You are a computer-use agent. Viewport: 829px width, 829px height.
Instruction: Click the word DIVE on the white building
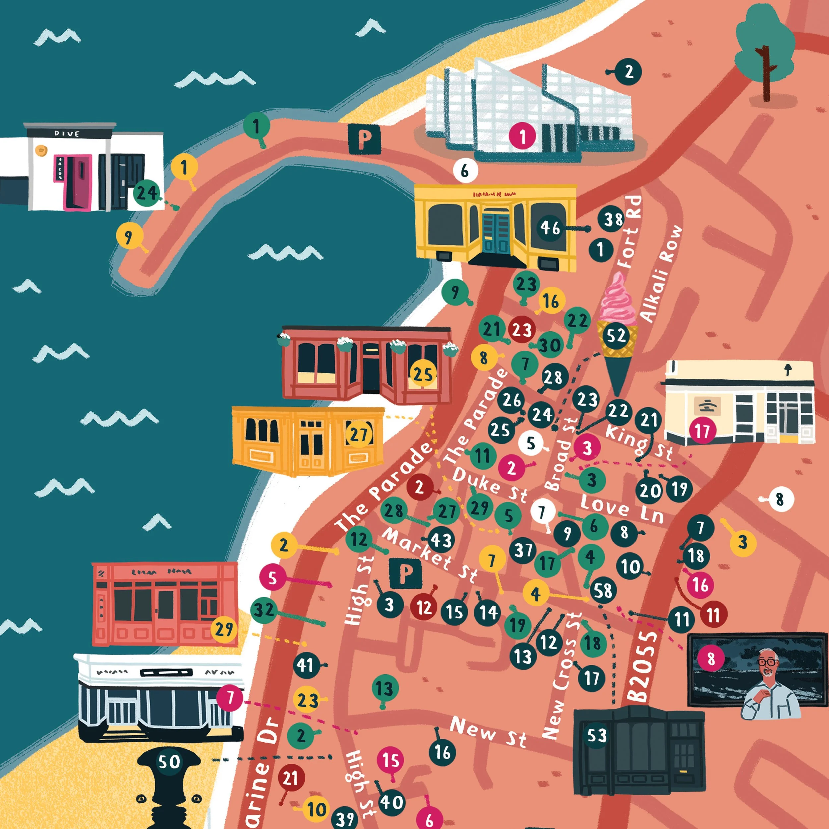click(x=67, y=133)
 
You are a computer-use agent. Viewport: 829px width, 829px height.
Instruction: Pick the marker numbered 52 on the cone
click(x=616, y=336)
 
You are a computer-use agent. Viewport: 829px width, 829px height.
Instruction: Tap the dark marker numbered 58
click(x=603, y=591)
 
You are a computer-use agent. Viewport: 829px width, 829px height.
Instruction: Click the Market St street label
click(x=429, y=554)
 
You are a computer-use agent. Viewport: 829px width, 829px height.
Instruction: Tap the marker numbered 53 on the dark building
click(x=597, y=735)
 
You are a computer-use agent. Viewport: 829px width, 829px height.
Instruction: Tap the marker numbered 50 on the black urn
click(x=169, y=762)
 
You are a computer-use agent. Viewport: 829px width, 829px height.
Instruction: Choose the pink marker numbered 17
click(x=702, y=431)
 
